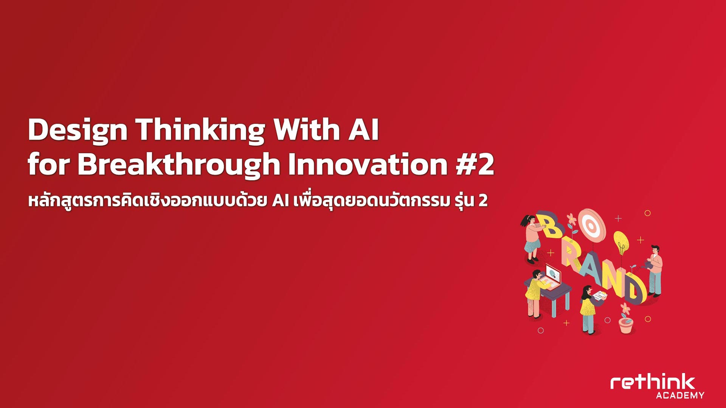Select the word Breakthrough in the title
coord(178,165)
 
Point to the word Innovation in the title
coord(368,165)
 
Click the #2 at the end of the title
coord(475,165)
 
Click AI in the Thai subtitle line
coord(281,201)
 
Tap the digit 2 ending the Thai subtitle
coord(483,201)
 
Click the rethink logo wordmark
coord(653,382)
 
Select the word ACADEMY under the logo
coord(680,396)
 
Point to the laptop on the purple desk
coord(551,278)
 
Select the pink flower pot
coord(626,326)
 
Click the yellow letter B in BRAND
coord(551,226)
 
